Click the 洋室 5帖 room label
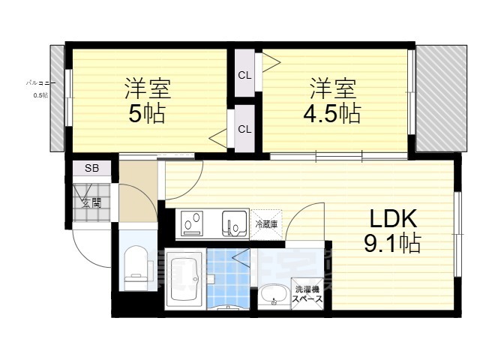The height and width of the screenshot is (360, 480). (x=147, y=100)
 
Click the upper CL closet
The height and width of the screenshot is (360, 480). (x=244, y=74)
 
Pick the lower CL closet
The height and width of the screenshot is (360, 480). (x=244, y=128)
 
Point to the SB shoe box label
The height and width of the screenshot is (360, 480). (x=91, y=169)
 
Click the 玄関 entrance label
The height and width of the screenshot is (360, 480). (x=91, y=202)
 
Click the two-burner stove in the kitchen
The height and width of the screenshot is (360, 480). (x=193, y=223)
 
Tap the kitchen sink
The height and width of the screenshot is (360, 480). (x=234, y=223)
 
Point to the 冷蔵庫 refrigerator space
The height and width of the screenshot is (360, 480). (x=266, y=223)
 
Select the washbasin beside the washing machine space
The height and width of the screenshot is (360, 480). (x=274, y=295)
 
